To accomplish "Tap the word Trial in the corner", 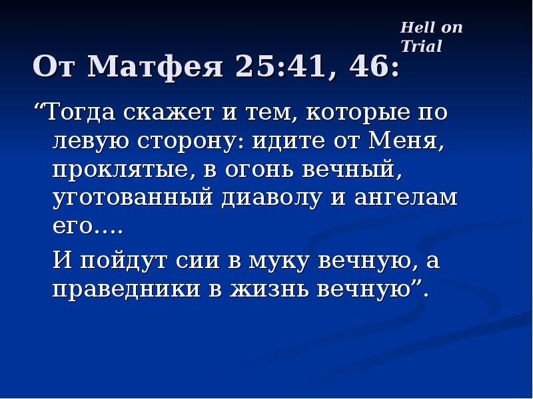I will tap(421, 46).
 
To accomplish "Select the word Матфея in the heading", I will tap(157, 67).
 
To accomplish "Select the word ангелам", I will tap(408, 198).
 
